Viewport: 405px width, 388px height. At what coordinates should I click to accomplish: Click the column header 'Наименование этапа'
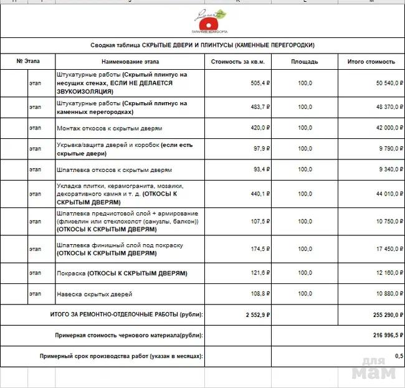click(130, 62)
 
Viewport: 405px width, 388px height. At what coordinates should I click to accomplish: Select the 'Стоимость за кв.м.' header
click(239, 62)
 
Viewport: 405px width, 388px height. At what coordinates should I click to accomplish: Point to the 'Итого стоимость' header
click(371, 62)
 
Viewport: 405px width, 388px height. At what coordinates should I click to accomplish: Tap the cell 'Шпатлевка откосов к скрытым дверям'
click(114, 169)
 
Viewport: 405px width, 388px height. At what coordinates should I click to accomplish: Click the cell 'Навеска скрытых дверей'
click(94, 293)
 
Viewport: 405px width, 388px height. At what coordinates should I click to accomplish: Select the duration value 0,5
click(398, 356)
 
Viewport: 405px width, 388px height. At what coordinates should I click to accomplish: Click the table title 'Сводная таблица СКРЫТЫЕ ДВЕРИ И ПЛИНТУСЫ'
click(202, 45)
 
